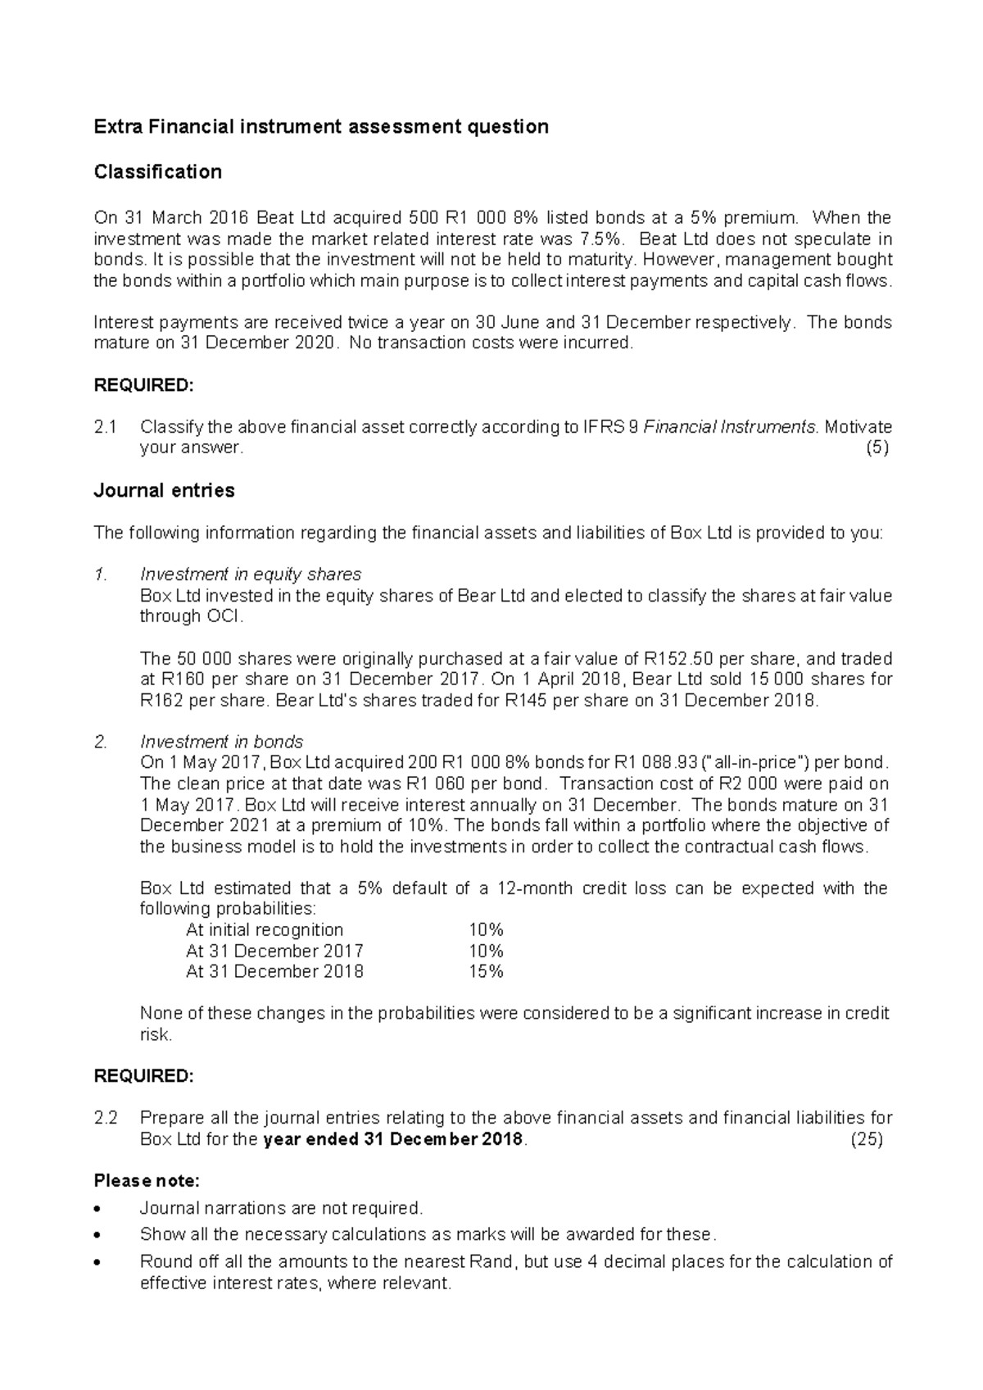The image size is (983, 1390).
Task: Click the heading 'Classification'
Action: (157, 172)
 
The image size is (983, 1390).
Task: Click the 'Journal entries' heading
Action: (164, 491)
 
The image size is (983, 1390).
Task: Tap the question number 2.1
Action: (106, 427)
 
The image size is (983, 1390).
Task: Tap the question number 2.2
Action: (106, 1118)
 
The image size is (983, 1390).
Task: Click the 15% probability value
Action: (486, 971)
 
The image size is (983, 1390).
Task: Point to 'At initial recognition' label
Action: (265, 929)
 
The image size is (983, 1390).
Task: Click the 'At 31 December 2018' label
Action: (274, 971)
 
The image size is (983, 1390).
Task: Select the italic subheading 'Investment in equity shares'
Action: (251, 574)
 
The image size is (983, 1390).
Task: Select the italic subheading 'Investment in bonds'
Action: (221, 742)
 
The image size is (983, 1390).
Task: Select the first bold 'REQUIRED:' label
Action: (144, 385)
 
